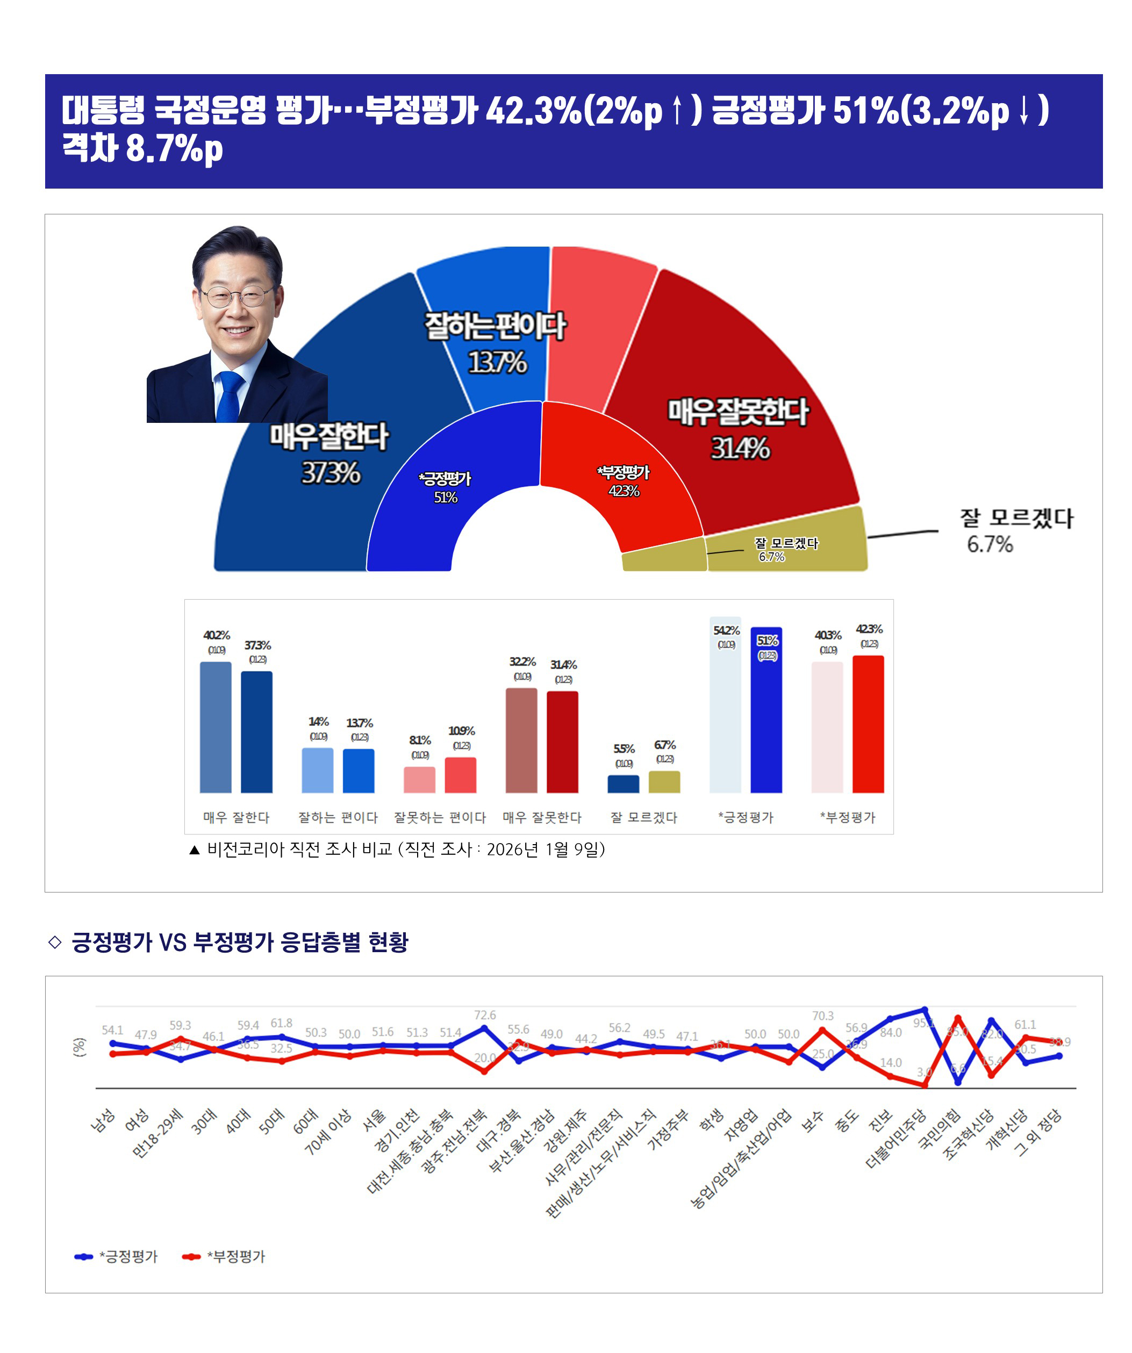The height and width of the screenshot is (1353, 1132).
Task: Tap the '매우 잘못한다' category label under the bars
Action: click(x=541, y=818)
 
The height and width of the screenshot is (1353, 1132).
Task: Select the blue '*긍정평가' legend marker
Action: click(x=84, y=1256)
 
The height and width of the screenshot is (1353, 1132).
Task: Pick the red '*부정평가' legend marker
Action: click(x=191, y=1256)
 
